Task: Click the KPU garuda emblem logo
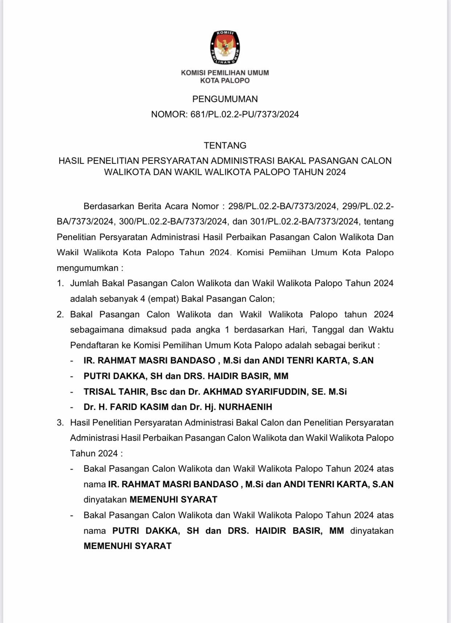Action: [x=225, y=48]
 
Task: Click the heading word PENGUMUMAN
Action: [x=225, y=99]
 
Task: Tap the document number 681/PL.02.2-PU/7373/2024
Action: [x=244, y=114]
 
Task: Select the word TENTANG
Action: [x=225, y=146]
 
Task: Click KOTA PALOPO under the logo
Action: [x=225, y=81]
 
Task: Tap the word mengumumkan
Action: [x=87, y=268]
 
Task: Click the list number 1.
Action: [x=60, y=283]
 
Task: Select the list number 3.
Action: [x=60, y=423]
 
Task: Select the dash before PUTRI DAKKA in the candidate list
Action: [x=72, y=376]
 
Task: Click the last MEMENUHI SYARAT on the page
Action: [x=127, y=546]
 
